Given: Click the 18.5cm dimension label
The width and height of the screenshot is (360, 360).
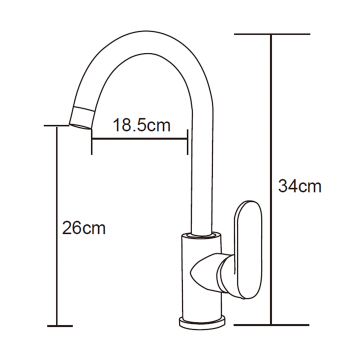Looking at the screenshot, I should click(x=141, y=125).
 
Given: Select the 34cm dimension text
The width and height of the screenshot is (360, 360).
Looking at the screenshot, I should click(x=299, y=186).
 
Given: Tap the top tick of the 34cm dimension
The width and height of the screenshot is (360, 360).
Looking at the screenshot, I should click(x=272, y=34).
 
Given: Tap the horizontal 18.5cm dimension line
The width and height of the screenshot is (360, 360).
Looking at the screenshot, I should click(x=140, y=139).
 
